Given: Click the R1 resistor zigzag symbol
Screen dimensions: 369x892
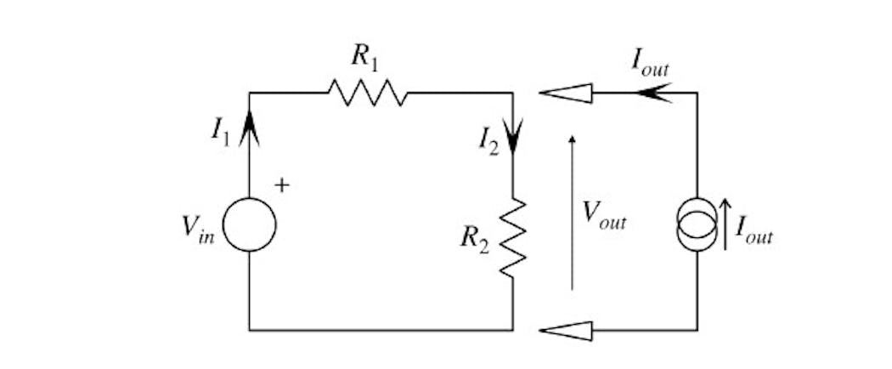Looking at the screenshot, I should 368,93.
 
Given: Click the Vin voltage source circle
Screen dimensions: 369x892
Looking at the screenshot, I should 250,225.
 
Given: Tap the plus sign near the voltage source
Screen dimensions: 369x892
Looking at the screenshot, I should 282,184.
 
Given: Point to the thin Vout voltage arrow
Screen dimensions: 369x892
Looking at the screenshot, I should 572,213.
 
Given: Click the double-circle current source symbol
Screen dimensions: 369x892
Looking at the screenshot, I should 697,223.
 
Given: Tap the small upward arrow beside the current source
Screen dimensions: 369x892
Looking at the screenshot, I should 725,223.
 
